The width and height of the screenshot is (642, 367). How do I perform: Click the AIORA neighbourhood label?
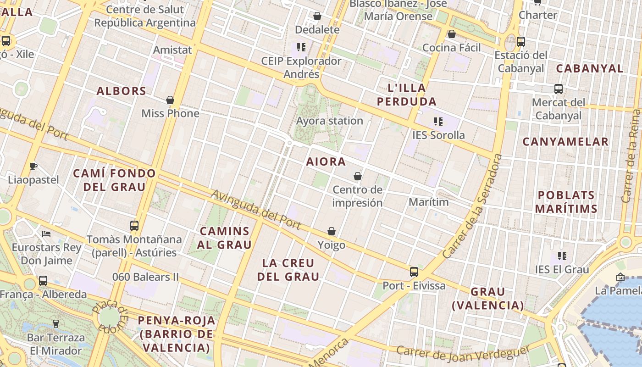(326, 162)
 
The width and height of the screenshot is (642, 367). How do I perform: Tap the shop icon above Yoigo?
(332, 231)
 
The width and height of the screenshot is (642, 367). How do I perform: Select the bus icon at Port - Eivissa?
(414, 272)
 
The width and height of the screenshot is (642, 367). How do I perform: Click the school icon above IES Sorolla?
(438, 122)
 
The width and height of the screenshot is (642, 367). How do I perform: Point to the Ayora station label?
(330, 121)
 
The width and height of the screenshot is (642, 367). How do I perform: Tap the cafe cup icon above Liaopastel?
(33, 166)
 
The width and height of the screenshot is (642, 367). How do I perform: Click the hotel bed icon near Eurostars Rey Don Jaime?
(46, 234)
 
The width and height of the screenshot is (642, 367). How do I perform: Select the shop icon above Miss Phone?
(170, 100)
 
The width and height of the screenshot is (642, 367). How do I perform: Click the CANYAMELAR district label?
(565, 142)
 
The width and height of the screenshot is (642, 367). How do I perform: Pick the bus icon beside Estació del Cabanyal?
(521, 42)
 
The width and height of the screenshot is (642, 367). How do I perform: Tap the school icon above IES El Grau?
(562, 256)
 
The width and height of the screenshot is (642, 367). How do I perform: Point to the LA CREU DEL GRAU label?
(288, 270)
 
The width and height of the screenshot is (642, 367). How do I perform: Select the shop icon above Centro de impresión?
(358, 176)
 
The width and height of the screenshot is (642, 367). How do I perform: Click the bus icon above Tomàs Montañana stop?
(134, 225)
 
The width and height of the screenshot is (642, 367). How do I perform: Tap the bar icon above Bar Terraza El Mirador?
(56, 324)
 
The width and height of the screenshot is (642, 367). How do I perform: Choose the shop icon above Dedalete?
(317, 17)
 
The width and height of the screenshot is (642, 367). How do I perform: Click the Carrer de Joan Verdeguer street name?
(463, 354)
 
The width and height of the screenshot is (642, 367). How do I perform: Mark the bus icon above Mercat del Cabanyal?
(559, 89)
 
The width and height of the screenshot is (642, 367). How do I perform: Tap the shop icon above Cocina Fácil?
(452, 34)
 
